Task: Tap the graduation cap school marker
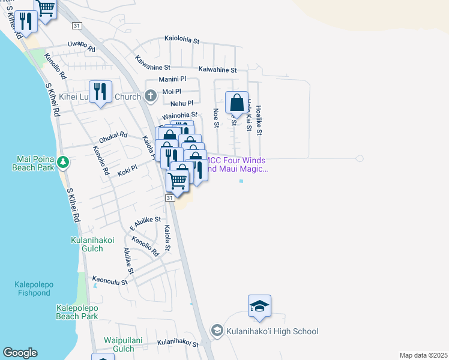(x=259, y=306)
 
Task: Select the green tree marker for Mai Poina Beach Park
(x=62, y=161)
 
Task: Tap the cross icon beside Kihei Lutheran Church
(x=150, y=96)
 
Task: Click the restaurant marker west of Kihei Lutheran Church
(x=100, y=92)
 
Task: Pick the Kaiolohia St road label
(x=182, y=40)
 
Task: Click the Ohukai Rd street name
(x=113, y=136)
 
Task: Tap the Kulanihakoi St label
(x=178, y=343)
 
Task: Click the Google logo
(x=20, y=353)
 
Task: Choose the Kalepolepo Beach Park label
(x=77, y=312)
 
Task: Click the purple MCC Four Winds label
(x=237, y=165)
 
